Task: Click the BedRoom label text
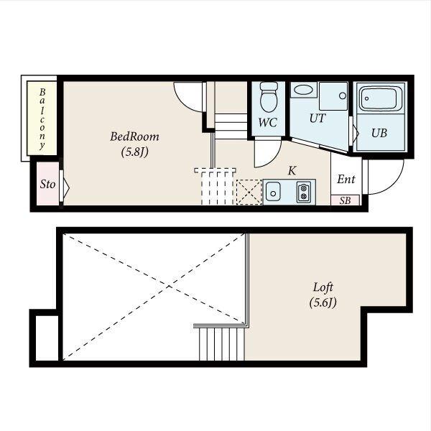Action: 134,136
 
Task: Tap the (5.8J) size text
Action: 135,152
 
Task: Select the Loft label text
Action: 323,287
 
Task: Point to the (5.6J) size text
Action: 323,302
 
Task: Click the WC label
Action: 268,123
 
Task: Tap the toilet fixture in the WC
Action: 269,97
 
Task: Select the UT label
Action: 318,119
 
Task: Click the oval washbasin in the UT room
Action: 303,90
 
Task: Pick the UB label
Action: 379,133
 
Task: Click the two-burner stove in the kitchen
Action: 303,192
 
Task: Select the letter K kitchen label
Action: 292,171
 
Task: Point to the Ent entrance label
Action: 346,179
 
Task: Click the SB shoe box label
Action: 346,200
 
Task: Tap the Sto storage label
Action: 47,184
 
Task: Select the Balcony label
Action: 42,119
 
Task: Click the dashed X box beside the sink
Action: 249,192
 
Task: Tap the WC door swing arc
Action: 274,160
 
